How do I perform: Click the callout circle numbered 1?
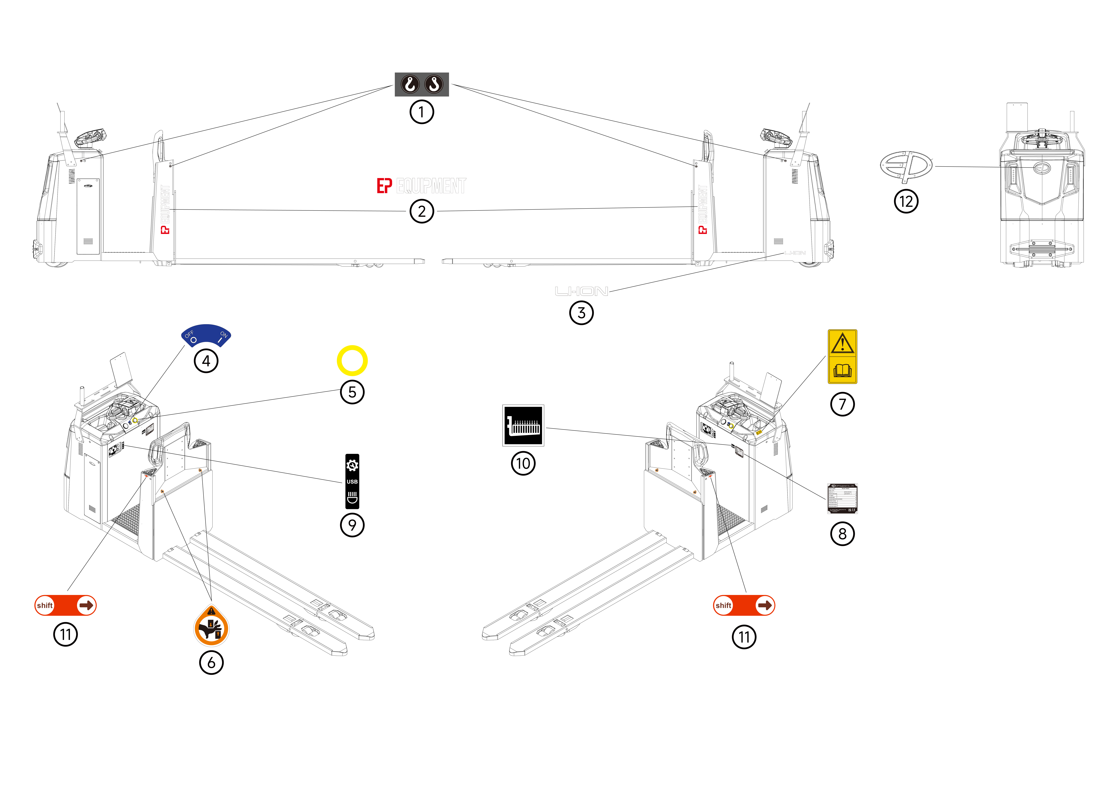(x=421, y=112)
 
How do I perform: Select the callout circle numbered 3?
(x=581, y=313)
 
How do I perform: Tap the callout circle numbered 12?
(x=906, y=201)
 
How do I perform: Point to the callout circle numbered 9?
(x=352, y=525)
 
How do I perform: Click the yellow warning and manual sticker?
(x=842, y=357)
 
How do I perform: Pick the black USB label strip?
(x=352, y=481)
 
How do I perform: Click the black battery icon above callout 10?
(x=523, y=425)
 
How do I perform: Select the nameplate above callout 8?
(x=842, y=498)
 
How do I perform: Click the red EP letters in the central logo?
(x=384, y=186)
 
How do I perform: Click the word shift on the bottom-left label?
(x=45, y=605)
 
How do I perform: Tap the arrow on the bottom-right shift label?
(x=765, y=605)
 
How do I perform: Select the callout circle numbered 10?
(x=523, y=463)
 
